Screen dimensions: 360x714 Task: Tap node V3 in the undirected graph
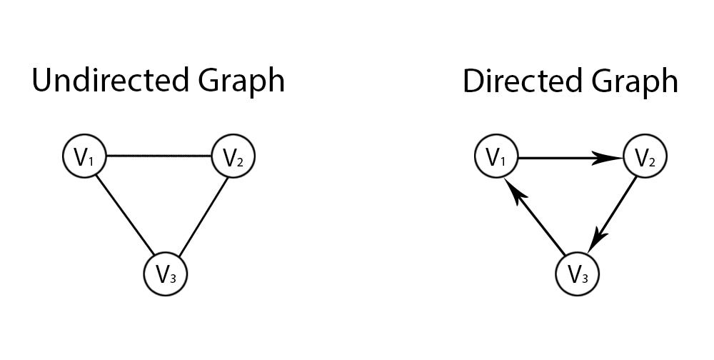point(166,274)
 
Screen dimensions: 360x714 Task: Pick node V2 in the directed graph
point(645,158)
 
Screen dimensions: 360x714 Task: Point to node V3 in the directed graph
point(577,274)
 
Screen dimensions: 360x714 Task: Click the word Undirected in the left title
point(105,81)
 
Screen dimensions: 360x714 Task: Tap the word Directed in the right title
point(522,81)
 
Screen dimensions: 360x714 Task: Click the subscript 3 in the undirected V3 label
point(172,277)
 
